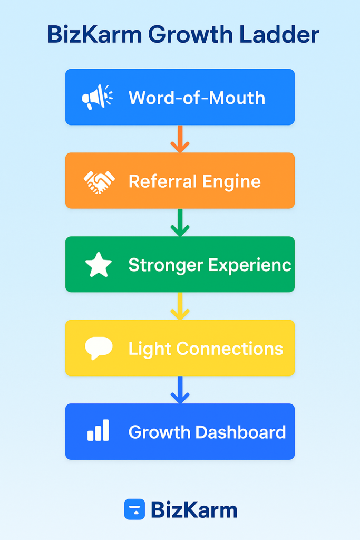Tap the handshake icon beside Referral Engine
click(x=99, y=181)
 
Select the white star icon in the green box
click(x=99, y=265)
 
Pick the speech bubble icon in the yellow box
click(x=99, y=348)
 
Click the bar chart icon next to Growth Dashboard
click(x=98, y=431)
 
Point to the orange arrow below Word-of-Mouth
click(x=180, y=139)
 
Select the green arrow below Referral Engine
click(x=180, y=223)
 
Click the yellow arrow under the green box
click(x=180, y=306)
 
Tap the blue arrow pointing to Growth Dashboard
click(x=180, y=390)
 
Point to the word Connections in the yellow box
click(x=229, y=349)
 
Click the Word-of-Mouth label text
click(x=197, y=98)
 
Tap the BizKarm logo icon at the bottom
click(x=134, y=509)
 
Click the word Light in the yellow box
click(x=150, y=349)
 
